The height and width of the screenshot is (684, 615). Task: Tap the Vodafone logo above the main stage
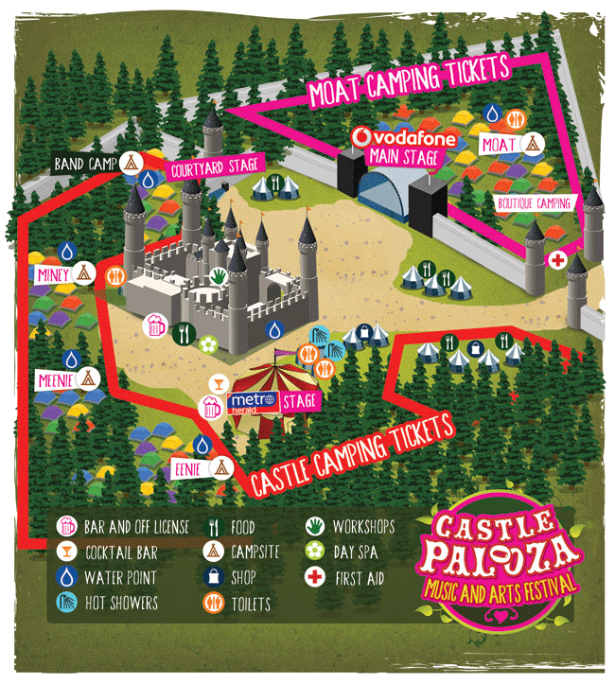click(x=404, y=139)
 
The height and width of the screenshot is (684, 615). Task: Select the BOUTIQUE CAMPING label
click(x=535, y=202)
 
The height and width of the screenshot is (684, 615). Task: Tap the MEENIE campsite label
click(x=53, y=380)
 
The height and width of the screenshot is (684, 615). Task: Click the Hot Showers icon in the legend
click(x=67, y=602)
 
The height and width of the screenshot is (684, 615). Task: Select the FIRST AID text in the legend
click(x=359, y=577)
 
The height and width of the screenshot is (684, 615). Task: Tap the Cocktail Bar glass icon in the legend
click(x=67, y=552)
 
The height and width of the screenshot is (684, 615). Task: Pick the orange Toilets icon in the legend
click(x=215, y=603)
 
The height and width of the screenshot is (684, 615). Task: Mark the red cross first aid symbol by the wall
click(x=558, y=259)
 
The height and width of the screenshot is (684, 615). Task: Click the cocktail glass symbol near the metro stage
click(x=219, y=381)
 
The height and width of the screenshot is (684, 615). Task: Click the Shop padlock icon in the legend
click(x=215, y=577)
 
